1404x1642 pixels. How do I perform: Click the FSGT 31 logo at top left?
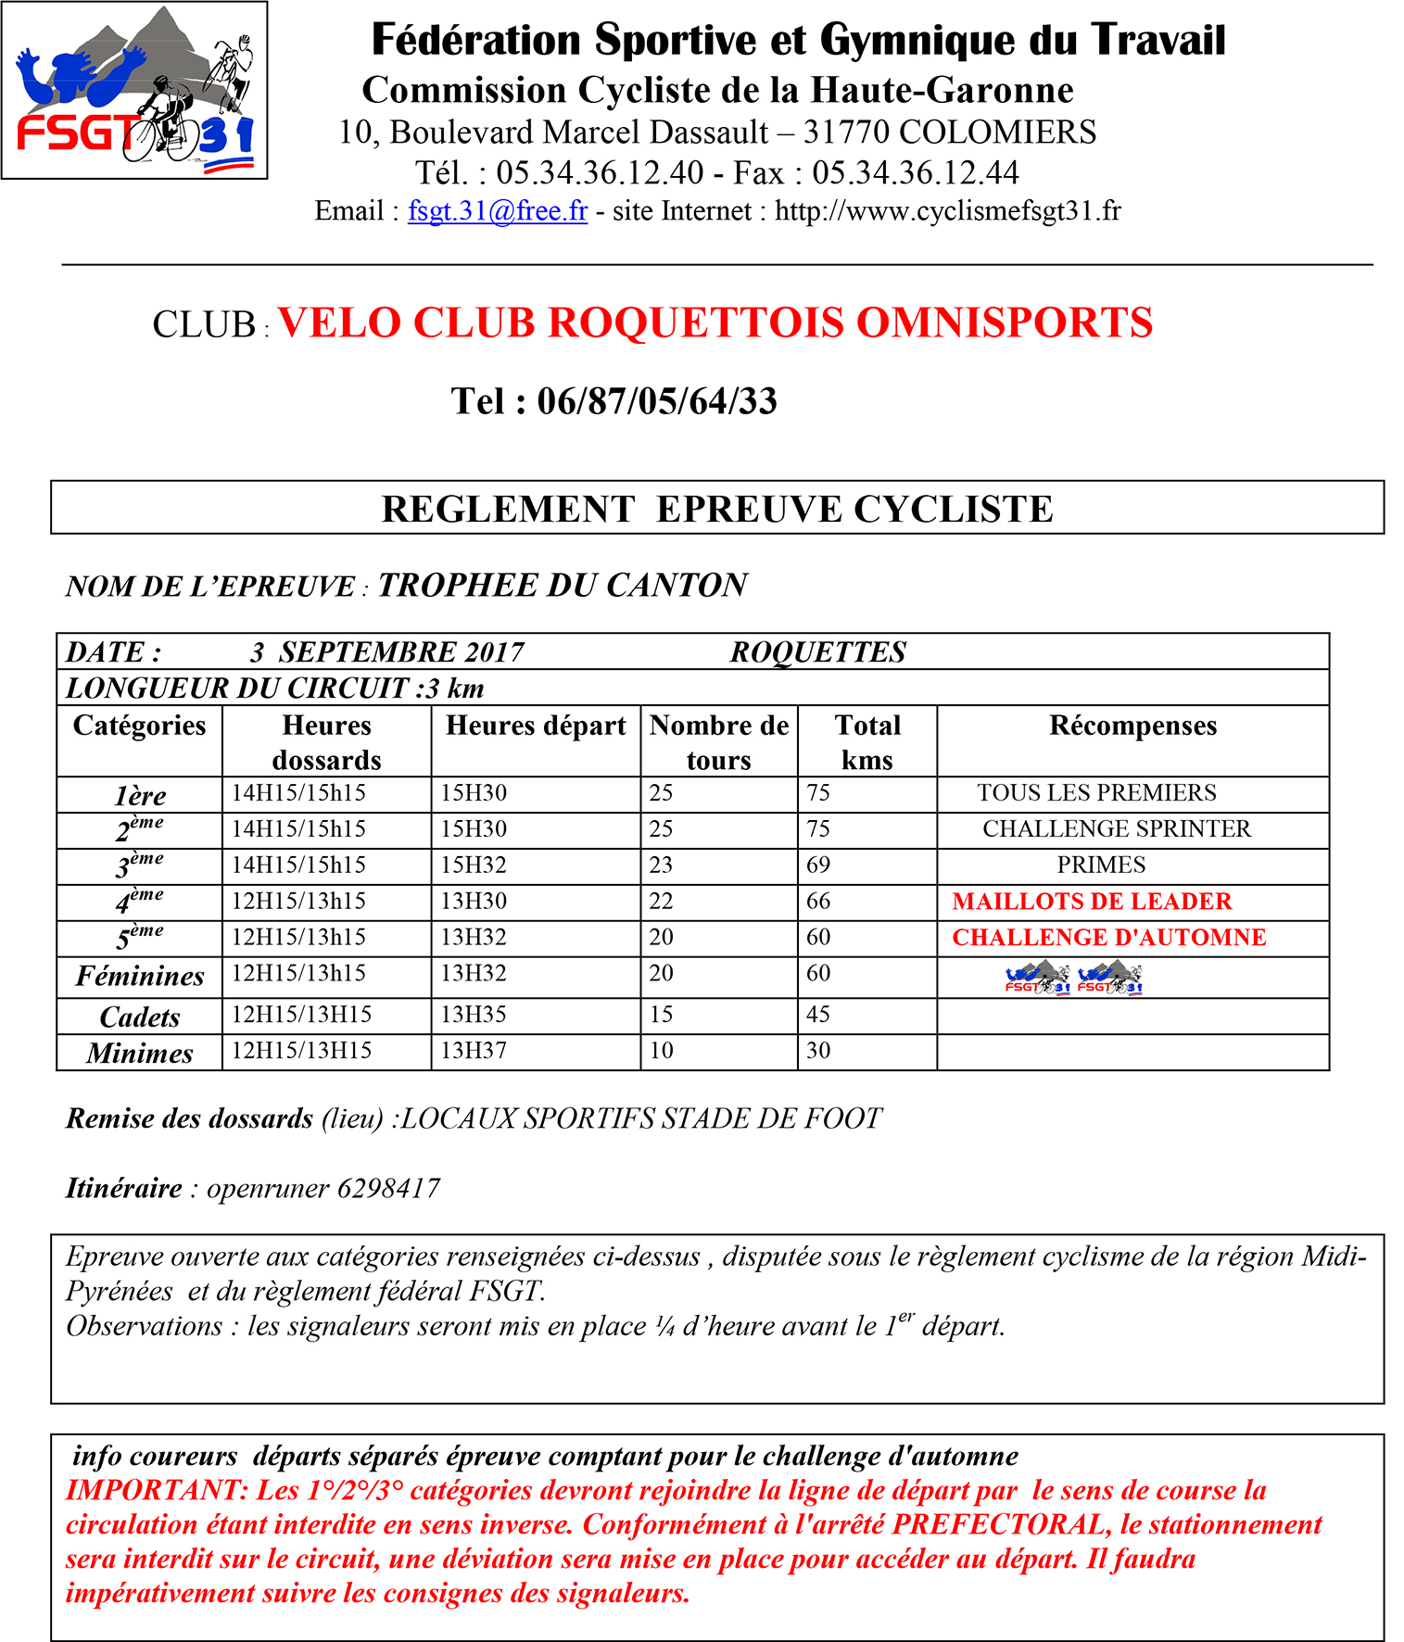[134, 90]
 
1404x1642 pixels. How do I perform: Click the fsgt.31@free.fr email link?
[498, 211]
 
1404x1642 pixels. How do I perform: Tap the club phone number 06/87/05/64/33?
[657, 401]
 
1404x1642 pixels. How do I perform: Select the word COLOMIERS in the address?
[997, 133]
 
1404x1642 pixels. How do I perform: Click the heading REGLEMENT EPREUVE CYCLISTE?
[717, 509]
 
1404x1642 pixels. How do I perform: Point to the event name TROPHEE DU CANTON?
[563, 586]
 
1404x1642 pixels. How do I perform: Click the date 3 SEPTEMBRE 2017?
[387, 652]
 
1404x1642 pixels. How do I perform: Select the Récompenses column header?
[1132, 726]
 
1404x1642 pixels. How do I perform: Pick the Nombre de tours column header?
[719, 741]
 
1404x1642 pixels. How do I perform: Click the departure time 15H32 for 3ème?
[474, 865]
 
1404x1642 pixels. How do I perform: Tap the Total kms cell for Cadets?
[818, 1015]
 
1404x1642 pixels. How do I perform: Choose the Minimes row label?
[140, 1054]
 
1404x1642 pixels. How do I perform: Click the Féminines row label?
[140, 976]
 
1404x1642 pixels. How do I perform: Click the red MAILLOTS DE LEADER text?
[1092, 902]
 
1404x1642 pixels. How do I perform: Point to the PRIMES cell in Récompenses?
[1101, 865]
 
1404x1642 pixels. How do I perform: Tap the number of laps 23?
[661, 865]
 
